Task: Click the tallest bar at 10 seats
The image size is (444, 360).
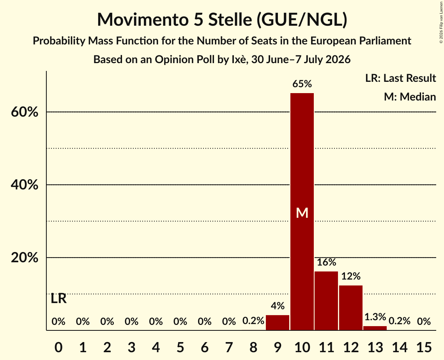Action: [302, 212]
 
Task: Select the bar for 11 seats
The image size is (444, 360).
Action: [326, 301]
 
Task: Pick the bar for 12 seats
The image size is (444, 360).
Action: [350, 308]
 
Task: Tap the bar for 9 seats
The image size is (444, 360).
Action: [278, 323]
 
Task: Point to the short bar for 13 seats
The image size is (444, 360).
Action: [375, 328]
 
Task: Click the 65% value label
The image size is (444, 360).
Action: [302, 84]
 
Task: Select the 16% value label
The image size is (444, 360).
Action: [326, 262]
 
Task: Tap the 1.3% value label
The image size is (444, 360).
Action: [375, 317]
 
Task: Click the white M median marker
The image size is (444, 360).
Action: [302, 213]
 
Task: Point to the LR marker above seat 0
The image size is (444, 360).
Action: [58, 298]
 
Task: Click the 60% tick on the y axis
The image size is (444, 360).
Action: [25, 112]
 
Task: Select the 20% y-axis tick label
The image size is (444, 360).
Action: [25, 258]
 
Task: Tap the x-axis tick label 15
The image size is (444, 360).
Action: [424, 347]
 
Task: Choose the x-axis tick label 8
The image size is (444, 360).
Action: [253, 347]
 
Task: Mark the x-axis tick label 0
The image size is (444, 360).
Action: [58, 347]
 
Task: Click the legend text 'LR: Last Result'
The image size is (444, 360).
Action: [400, 78]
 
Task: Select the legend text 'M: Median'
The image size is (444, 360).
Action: [410, 97]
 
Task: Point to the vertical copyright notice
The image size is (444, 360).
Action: [441, 22]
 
